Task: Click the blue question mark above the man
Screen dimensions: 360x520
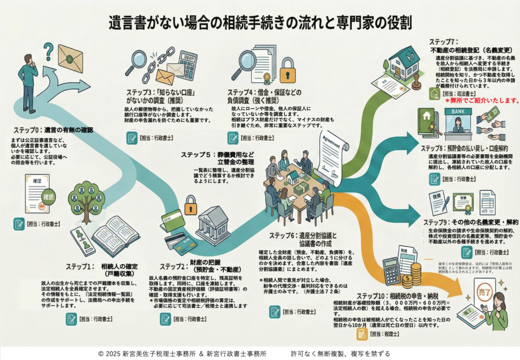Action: [x=49, y=50]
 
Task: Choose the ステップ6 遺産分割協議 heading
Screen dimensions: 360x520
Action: [x=300, y=239]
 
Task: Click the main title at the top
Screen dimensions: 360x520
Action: [x=259, y=22]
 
